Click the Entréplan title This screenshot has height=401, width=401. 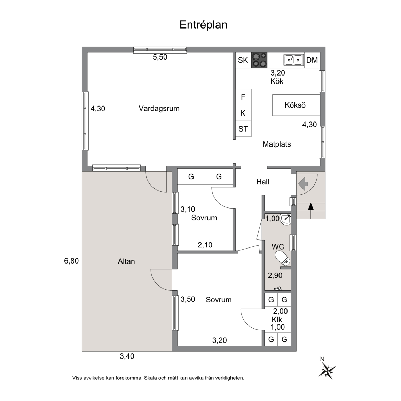[203, 25]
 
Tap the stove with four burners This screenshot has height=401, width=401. [259, 60]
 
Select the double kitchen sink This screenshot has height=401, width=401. [293, 60]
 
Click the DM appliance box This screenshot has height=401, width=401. [312, 60]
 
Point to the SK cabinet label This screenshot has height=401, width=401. [243, 60]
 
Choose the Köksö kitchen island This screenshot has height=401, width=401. [296, 105]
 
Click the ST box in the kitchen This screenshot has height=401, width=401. [243, 129]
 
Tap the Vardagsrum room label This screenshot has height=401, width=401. [159, 109]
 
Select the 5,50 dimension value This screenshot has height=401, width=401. [160, 57]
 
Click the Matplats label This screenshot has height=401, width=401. [277, 144]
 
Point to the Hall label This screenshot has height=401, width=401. [263, 182]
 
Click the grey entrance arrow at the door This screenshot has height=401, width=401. [303, 183]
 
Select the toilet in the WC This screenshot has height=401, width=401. [283, 258]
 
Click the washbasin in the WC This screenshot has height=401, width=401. [286, 219]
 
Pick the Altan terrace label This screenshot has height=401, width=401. [126, 261]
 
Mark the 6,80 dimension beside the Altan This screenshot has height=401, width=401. [71, 261]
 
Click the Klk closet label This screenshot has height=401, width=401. [277, 320]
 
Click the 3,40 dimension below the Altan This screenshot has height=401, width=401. [127, 356]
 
